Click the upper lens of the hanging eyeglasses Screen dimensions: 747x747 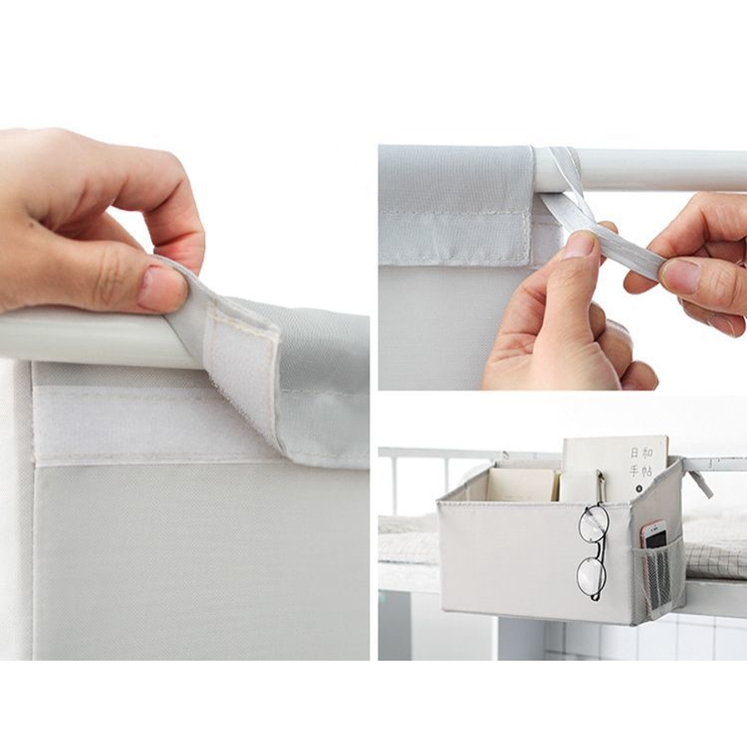(593, 523)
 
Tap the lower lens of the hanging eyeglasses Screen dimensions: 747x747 (592, 577)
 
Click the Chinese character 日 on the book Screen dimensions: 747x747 (634, 452)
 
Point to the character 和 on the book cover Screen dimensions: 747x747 (648, 452)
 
